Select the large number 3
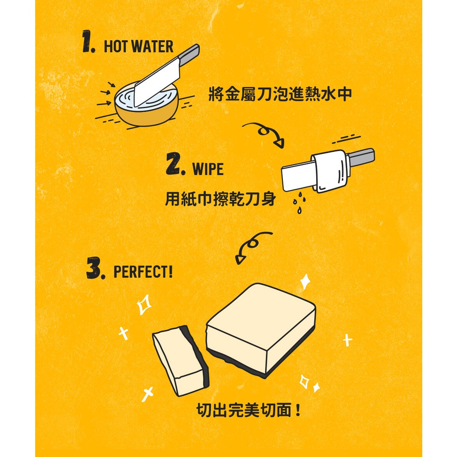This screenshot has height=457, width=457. click(95, 268)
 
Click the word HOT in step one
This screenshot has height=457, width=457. click(116, 46)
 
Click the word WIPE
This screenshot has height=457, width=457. click(208, 169)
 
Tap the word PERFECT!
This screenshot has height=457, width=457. click(143, 271)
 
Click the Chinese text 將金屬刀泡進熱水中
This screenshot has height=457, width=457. click(280, 94)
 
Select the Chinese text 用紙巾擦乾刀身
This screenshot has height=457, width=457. click(220, 199)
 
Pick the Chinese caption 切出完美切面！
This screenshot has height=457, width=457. click(249, 410)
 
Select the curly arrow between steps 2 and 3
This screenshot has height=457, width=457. click(252, 247)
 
